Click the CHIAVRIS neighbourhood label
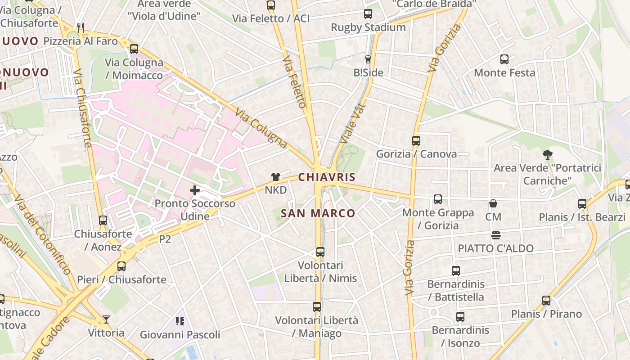[327, 177]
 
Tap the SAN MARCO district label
[318, 213]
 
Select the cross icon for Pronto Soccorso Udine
[195, 190]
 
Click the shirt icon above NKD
[275, 177]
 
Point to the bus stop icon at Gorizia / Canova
[416, 141]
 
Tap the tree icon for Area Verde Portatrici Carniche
[547, 155]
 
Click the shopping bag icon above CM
[493, 203]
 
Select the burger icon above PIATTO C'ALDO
[495, 235]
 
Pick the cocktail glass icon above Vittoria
[106, 319]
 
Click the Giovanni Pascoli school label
[180, 335]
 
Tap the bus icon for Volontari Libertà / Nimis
[320, 252]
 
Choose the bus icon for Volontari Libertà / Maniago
[317, 307]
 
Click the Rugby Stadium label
[368, 27]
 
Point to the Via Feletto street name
[295, 82]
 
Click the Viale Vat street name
[350, 124]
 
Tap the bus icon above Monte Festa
[504, 59]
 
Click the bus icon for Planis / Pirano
[546, 301]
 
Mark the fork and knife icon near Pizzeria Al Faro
[81, 28]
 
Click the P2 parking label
[165, 239]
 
